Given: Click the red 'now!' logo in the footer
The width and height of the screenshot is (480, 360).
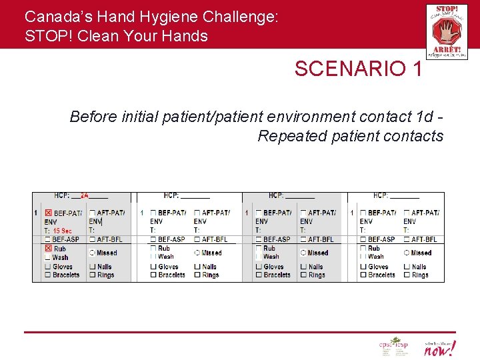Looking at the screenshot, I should [x=440, y=347].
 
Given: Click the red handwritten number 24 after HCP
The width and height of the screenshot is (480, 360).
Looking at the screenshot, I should [x=85, y=195].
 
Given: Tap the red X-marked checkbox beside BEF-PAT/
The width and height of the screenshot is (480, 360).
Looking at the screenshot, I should [x=48, y=213].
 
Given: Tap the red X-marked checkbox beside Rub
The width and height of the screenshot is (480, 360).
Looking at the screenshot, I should [x=48, y=248].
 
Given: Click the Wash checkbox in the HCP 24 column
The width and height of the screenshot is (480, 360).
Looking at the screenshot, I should [x=48, y=257].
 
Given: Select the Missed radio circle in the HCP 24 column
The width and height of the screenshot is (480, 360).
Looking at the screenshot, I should [x=92, y=253].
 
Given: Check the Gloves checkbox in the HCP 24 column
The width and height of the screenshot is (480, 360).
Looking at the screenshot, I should [x=48, y=267].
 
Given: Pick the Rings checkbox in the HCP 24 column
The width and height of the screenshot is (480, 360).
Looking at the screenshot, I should [x=92, y=275].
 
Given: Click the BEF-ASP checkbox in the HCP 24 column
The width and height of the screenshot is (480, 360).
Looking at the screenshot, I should [x=48, y=239].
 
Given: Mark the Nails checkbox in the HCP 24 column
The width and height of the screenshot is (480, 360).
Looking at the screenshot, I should [x=92, y=267].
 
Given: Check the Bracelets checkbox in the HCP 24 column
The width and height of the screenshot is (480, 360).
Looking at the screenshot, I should [x=48, y=275].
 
